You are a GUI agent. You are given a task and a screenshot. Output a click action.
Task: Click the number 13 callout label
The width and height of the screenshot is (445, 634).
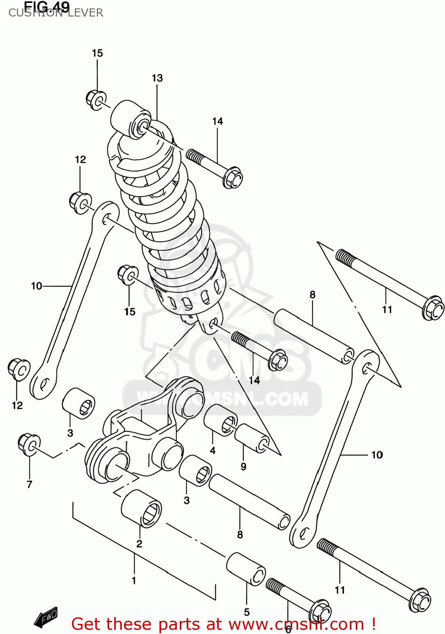[157, 78]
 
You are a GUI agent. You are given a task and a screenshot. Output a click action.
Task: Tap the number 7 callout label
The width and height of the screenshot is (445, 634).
[29, 484]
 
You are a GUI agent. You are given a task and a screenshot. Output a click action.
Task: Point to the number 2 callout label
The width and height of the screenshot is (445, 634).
[139, 544]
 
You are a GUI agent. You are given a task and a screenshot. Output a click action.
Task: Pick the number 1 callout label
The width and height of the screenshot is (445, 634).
[134, 581]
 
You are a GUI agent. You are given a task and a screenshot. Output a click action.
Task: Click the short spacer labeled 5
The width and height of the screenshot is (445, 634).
[246, 569]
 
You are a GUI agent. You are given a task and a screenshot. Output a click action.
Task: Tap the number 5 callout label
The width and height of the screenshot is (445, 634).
[247, 612]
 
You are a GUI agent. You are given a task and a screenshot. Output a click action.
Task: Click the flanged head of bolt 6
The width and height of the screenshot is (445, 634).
[320, 611]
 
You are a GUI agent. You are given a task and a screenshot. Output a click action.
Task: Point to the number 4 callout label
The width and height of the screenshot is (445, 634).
[212, 451]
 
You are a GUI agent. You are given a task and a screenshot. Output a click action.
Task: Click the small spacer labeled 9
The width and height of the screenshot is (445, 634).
[252, 438]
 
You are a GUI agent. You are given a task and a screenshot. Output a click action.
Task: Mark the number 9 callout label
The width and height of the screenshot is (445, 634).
[243, 467]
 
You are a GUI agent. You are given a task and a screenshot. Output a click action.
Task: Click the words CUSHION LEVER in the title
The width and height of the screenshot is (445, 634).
[55, 13]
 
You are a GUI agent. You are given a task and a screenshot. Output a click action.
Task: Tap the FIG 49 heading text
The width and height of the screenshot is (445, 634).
[47, 6]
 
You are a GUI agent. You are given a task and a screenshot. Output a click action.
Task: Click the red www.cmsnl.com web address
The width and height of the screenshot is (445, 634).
[296, 624]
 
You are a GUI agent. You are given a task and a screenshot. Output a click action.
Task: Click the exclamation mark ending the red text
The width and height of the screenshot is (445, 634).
[374, 624]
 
